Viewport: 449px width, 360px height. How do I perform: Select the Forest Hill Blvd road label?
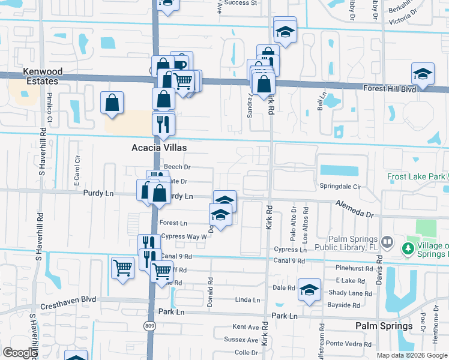click(x=390, y=88)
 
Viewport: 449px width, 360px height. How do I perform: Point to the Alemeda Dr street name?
click(x=354, y=209)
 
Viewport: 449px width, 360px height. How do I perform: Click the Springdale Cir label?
click(x=339, y=187)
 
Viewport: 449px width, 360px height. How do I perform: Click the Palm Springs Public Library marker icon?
click(x=387, y=242)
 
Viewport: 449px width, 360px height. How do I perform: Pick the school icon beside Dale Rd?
click(x=309, y=289)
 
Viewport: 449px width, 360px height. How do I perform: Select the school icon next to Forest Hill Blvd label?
click(x=423, y=74)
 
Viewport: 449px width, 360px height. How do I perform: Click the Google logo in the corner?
click(x=19, y=353)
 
